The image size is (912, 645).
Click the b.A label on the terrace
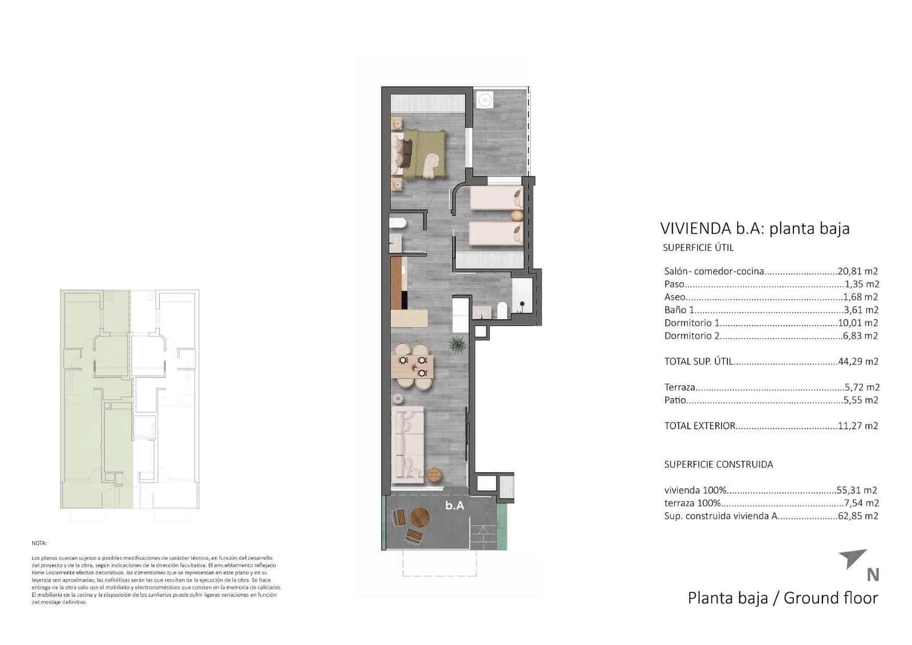click(x=454, y=505)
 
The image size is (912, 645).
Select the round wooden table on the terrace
click(x=420, y=518)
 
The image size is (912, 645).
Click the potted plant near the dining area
click(x=457, y=344)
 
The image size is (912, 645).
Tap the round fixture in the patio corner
click(x=484, y=100)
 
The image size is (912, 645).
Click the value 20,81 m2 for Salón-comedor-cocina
click(x=857, y=271)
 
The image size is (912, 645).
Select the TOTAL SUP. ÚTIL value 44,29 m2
click(x=858, y=361)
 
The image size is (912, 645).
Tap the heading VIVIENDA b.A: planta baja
click(x=755, y=229)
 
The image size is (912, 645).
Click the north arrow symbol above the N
click(x=853, y=558)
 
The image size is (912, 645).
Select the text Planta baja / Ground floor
click(x=783, y=598)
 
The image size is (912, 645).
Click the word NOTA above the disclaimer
click(x=39, y=543)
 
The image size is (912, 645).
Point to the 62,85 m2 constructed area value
click(x=858, y=516)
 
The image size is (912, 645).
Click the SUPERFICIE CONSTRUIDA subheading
click(x=718, y=464)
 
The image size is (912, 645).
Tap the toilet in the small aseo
click(x=397, y=224)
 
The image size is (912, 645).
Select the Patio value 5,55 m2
click(x=860, y=400)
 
